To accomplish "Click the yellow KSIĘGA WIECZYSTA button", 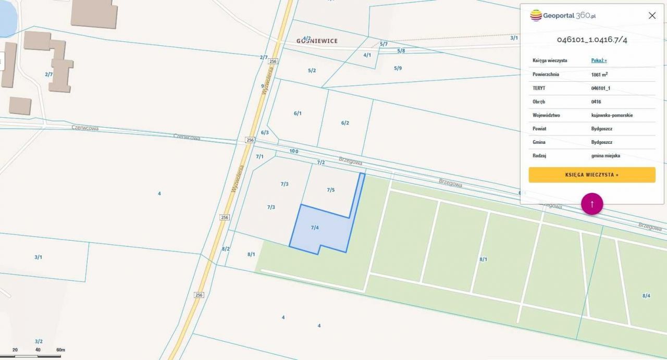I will (x=591, y=175).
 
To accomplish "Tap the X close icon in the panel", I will (x=652, y=16).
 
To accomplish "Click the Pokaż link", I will (x=599, y=60).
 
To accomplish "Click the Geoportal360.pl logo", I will (x=563, y=16).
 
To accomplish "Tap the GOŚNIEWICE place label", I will (x=317, y=41).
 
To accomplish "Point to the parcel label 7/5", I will (x=331, y=190).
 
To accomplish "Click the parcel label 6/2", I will (x=345, y=123).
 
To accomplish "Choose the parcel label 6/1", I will (x=298, y=113).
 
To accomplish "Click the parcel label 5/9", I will (x=398, y=68).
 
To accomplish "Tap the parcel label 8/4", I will (x=646, y=295).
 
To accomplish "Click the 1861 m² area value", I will (x=599, y=75).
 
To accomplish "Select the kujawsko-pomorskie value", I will (x=612, y=115).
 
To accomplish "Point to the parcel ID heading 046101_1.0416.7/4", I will (x=592, y=40).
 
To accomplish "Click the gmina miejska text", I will (x=606, y=156).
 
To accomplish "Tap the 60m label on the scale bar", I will (x=60, y=350).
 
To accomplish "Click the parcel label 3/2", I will (x=39, y=341).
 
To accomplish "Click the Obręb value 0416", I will (x=596, y=102).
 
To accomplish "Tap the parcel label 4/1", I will (x=367, y=55).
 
